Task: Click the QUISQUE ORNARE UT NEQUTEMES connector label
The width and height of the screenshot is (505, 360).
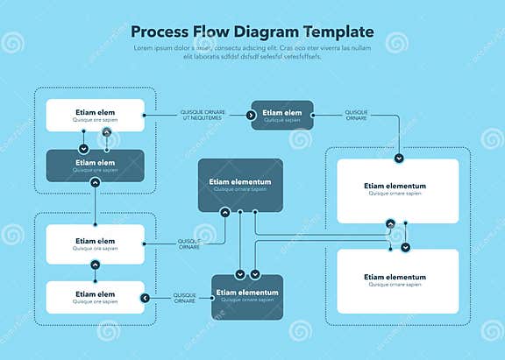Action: click(x=203, y=115)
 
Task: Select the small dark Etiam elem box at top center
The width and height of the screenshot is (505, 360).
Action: click(x=281, y=116)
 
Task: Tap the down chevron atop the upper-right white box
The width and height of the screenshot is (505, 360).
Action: click(x=399, y=159)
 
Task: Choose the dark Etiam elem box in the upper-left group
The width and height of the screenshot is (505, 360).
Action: click(x=95, y=166)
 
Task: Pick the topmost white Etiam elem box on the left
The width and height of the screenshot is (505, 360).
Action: click(x=95, y=116)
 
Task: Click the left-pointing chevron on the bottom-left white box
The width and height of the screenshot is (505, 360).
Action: click(x=145, y=298)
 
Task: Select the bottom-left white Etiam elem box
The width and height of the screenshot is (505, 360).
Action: click(x=95, y=298)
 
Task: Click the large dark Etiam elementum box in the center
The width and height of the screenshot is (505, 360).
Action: click(x=240, y=185)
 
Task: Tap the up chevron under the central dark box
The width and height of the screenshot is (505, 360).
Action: click(x=225, y=212)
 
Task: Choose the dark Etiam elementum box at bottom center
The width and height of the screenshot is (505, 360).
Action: click(x=246, y=296)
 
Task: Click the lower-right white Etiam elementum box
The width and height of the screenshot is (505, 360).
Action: click(x=397, y=280)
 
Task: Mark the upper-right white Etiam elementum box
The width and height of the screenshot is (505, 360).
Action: click(x=397, y=190)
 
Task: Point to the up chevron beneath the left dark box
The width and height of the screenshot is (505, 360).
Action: click(x=95, y=182)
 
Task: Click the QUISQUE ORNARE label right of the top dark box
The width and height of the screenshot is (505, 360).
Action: click(x=357, y=115)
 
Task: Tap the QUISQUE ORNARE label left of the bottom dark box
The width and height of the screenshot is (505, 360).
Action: click(x=184, y=298)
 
